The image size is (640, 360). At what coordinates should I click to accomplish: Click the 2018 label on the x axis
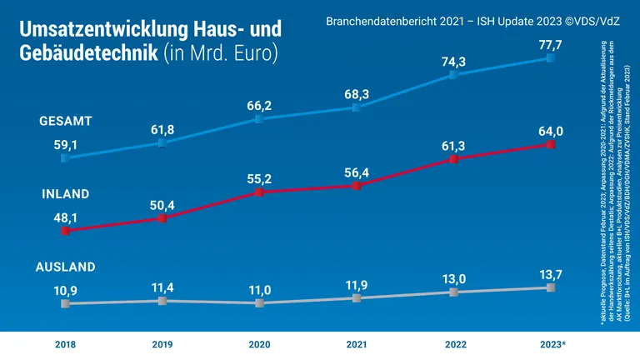click(65, 343)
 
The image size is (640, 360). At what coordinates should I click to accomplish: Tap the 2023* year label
click(550, 343)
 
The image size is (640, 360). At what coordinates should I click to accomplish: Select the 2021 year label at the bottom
click(357, 343)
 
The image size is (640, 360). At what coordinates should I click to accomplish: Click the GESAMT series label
click(66, 121)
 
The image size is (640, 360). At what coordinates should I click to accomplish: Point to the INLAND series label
click(66, 193)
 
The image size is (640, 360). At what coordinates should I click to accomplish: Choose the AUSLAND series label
click(66, 267)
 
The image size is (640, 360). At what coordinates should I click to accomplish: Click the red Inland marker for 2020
click(259, 192)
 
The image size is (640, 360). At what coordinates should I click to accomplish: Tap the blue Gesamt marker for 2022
click(453, 75)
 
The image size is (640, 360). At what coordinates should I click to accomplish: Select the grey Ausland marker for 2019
click(162, 300)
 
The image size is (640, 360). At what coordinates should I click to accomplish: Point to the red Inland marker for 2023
click(550, 144)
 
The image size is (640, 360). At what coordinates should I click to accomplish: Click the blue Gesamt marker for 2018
click(65, 156)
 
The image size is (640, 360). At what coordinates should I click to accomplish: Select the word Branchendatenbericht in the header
click(377, 16)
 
